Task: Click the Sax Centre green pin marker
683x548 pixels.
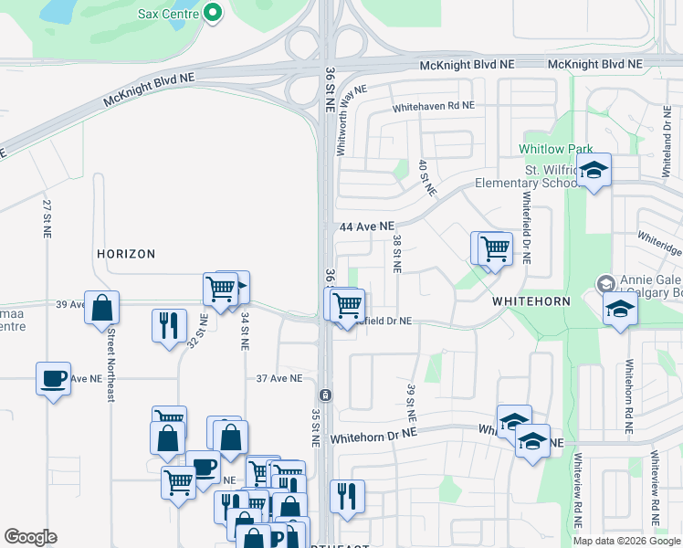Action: click(x=213, y=14)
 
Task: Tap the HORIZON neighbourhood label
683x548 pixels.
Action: click(x=126, y=254)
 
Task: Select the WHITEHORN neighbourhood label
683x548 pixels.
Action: click(x=531, y=300)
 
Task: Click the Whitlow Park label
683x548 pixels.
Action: click(x=556, y=149)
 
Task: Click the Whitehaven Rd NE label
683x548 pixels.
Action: click(x=434, y=107)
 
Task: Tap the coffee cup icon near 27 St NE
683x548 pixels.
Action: click(x=54, y=377)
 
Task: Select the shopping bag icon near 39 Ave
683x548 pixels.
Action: click(x=102, y=307)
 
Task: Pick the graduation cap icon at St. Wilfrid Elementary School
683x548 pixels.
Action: click(x=594, y=170)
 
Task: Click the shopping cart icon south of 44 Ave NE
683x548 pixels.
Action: click(x=495, y=248)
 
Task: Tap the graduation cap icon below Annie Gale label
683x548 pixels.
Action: click(x=620, y=309)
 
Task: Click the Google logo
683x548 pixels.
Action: click(x=30, y=537)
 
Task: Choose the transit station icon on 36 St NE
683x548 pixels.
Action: click(x=324, y=395)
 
